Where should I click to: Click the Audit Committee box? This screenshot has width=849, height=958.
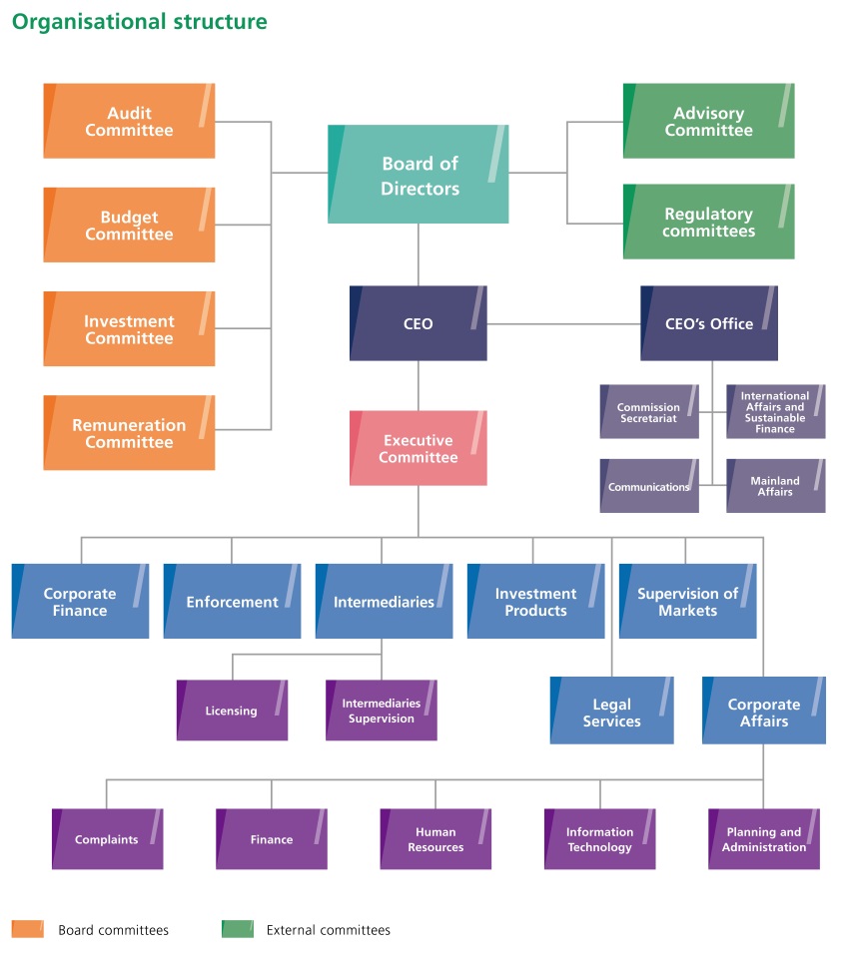(129, 121)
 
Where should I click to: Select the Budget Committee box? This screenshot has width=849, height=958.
(129, 225)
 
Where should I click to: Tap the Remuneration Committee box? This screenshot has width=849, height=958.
(129, 432)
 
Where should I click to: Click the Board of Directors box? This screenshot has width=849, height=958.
(419, 174)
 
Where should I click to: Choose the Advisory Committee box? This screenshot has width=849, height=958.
(708, 121)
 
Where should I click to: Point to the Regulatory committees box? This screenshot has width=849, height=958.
(708, 222)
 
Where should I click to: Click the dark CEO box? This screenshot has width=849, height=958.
(419, 323)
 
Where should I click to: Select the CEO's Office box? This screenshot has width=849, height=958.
(709, 323)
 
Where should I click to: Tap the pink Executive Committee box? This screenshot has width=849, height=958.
(419, 448)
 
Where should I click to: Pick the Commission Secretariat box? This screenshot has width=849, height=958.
(649, 412)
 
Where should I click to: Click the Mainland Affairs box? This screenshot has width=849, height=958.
(775, 486)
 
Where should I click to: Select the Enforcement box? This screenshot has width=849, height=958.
(232, 601)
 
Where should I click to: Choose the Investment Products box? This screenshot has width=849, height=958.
(535, 601)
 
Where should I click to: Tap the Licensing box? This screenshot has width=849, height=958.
(232, 711)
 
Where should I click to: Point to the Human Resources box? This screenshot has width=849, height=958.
(435, 839)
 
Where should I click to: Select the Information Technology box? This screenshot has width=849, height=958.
(599, 839)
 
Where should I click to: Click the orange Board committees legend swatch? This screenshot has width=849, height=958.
(27, 929)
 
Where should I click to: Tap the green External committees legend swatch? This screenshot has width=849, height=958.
(237, 929)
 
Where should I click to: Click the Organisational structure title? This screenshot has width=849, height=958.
(140, 21)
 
